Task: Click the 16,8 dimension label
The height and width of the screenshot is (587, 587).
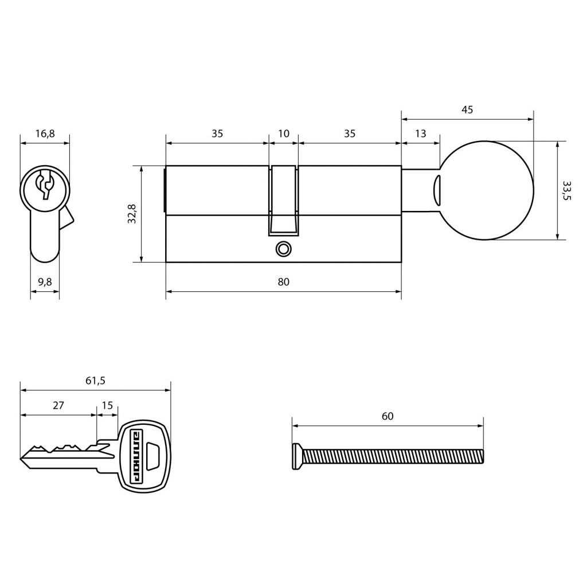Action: [x=45, y=133]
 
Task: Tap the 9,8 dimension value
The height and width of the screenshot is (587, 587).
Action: [x=45, y=281]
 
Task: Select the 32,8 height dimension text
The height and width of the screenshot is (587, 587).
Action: [x=132, y=214]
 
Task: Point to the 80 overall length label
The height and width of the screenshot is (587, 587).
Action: [x=283, y=281]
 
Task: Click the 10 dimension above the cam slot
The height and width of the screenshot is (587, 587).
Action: [x=284, y=133]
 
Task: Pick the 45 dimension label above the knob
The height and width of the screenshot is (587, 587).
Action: [x=467, y=109]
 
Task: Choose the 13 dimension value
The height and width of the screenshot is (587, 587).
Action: [x=420, y=133]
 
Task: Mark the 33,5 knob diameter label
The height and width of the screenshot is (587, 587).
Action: [x=566, y=190]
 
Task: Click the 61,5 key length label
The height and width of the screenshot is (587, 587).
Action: [x=96, y=381]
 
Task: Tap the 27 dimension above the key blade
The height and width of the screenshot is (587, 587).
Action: [x=58, y=405]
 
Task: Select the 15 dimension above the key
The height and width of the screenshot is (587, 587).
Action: [x=107, y=405]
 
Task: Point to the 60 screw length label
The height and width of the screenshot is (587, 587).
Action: [x=388, y=416]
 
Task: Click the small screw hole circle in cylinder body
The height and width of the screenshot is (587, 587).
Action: [x=283, y=249]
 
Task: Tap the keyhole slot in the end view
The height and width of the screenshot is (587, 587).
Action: [x=45, y=183]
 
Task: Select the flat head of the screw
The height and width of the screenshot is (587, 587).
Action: [x=297, y=456]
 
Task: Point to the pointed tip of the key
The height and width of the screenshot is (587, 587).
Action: [x=20, y=458]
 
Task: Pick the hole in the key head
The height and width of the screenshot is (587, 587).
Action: [x=153, y=456]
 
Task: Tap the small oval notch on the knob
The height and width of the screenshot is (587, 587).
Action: [x=436, y=190]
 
